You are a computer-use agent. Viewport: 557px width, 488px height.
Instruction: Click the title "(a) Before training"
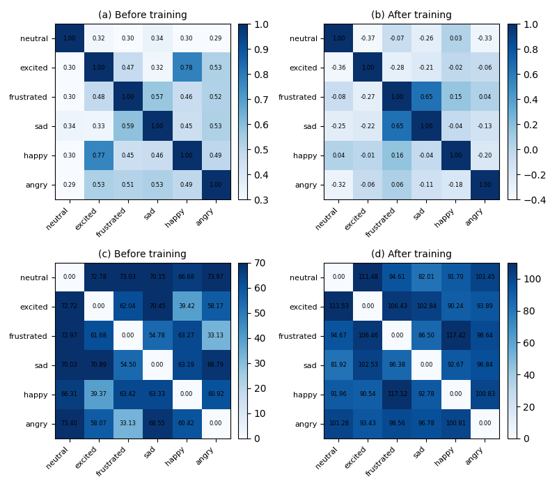[x=143, y=15]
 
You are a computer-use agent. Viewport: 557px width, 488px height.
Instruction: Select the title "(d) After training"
[x=411, y=254]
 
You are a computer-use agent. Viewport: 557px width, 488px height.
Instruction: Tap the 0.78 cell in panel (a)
[x=187, y=68]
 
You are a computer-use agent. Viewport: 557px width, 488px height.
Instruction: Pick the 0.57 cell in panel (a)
[x=157, y=97]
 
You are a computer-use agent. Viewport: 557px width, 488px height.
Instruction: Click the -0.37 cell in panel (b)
[x=367, y=38]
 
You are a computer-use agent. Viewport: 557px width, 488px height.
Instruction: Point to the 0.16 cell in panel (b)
[x=396, y=155]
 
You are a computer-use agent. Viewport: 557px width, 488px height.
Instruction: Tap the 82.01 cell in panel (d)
[x=425, y=277]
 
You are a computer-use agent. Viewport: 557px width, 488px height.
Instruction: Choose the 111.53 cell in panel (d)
[x=338, y=307]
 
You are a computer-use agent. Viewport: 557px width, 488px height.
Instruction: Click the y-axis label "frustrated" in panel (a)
[x=29, y=97]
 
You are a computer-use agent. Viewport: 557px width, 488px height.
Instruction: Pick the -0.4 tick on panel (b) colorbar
[x=527, y=199]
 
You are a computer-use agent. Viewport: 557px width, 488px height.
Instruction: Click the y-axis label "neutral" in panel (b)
[x=303, y=38]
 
